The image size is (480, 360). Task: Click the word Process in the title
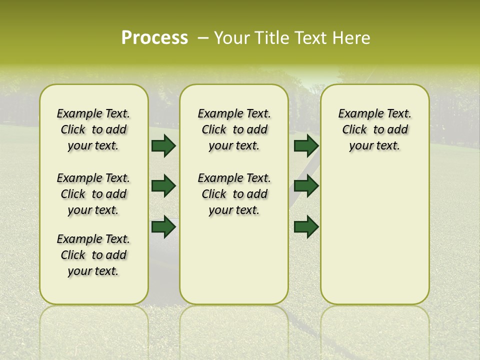[154, 37]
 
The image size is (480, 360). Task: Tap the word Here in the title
[351, 37]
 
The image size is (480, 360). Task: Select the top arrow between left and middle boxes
[163, 145]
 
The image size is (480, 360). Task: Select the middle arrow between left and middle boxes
[163, 186]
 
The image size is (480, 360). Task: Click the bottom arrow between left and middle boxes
[163, 226]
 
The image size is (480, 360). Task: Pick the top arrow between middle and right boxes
[306, 145]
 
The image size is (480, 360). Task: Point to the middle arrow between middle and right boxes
[306, 186]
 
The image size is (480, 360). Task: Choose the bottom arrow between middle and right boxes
[306, 226]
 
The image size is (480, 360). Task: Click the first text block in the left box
[93, 129]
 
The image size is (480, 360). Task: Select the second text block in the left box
[93, 194]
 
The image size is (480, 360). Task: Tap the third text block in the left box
[93, 255]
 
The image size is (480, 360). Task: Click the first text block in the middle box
[234, 129]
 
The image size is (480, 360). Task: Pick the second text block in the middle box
[234, 194]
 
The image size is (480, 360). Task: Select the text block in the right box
[374, 129]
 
